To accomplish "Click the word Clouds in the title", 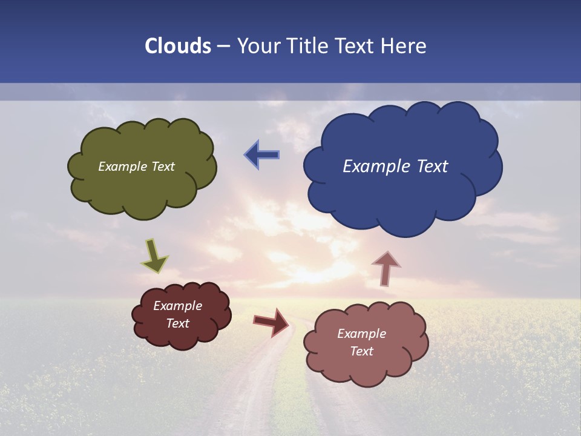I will pyautogui.click(x=177, y=46).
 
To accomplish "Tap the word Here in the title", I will pyautogui.click(x=403, y=46).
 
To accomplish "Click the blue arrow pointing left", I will pyautogui.click(x=262, y=155).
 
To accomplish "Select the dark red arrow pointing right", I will pyautogui.click(x=271, y=322).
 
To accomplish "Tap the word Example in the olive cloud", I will pyautogui.click(x=122, y=167).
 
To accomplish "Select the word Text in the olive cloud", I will pyautogui.click(x=163, y=167).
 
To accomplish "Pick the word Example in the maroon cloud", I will pyautogui.click(x=178, y=306).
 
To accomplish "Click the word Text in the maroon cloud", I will pyautogui.click(x=178, y=323).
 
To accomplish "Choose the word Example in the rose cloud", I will pyautogui.click(x=362, y=334).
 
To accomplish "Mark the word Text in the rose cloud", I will pyautogui.click(x=362, y=351).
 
